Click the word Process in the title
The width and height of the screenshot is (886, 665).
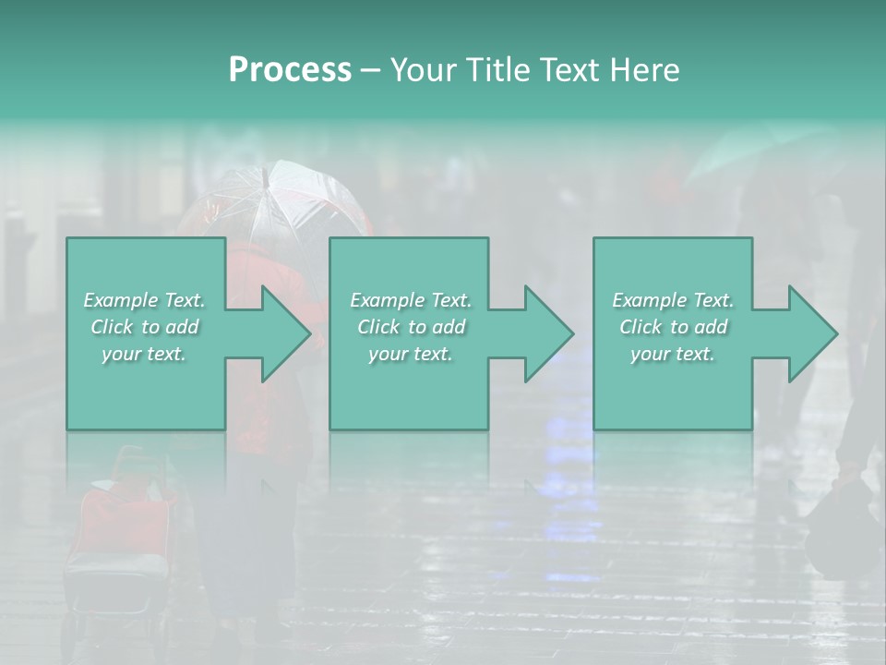[x=290, y=70]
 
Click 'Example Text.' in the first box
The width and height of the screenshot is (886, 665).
[x=144, y=300]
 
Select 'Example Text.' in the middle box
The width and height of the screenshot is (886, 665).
[x=410, y=300]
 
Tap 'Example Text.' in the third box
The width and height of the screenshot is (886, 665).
[x=673, y=300]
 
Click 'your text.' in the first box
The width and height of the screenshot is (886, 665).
[x=144, y=354]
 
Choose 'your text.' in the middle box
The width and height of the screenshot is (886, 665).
[x=410, y=354]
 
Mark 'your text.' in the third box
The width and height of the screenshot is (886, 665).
[x=673, y=354]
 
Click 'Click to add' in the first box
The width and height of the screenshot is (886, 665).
[x=144, y=327]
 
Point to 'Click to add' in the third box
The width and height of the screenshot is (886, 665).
[x=673, y=327]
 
